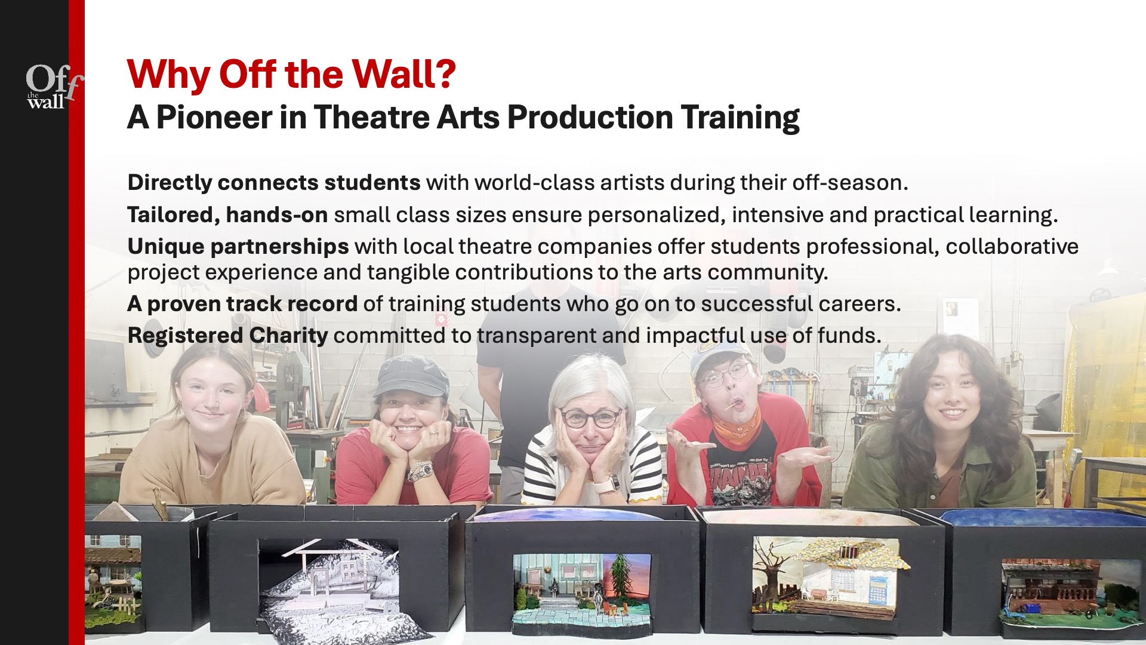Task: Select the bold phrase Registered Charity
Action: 227,336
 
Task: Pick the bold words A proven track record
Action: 242,304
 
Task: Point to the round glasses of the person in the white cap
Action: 724,376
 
